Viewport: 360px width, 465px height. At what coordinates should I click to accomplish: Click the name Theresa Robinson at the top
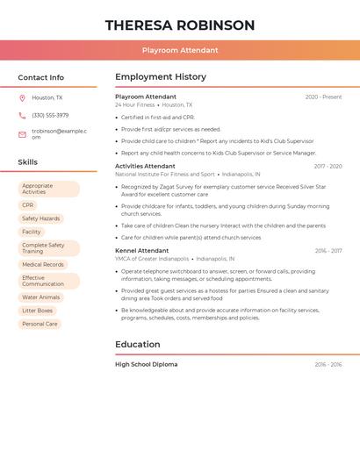[180, 25]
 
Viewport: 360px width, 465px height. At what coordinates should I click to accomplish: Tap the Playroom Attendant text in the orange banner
[180, 50]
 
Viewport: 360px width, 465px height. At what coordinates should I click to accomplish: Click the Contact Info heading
[40, 77]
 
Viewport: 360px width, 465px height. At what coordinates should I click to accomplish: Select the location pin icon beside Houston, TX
[22, 97]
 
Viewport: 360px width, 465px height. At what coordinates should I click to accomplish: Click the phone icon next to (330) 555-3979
[22, 115]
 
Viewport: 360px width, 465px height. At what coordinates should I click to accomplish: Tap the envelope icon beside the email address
[22, 134]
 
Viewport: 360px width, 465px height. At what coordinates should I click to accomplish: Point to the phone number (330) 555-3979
[50, 115]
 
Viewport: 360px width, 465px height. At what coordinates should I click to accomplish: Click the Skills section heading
[27, 162]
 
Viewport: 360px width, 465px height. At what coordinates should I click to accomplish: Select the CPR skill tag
[28, 205]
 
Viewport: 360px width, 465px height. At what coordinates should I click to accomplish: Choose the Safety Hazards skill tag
[41, 218]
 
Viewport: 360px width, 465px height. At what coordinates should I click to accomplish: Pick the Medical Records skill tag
[43, 264]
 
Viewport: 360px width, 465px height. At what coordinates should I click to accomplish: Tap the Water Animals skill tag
[41, 297]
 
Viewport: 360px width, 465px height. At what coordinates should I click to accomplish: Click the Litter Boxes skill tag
[38, 311]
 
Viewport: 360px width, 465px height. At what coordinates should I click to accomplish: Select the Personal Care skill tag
[40, 324]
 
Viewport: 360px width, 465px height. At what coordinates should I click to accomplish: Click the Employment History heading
[161, 77]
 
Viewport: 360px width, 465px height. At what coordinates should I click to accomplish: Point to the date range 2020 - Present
[323, 97]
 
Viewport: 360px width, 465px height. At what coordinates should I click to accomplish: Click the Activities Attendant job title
[145, 166]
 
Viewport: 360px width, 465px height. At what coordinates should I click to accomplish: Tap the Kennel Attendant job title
[141, 250]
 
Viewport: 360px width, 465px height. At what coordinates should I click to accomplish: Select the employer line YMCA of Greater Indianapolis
[152, 259]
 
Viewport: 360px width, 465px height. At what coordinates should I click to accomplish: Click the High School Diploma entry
[146, 364]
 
